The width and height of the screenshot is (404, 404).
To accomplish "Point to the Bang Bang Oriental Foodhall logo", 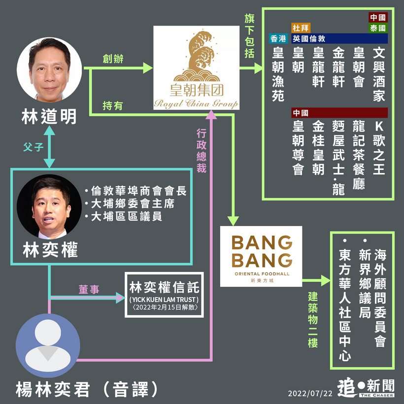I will click(261, 256).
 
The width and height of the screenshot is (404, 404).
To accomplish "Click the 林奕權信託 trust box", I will click(164, 295).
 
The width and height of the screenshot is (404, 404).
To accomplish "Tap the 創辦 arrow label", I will click(113, 59).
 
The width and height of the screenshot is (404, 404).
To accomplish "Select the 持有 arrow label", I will click(113, 105).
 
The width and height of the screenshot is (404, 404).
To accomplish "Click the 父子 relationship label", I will click(34, 146).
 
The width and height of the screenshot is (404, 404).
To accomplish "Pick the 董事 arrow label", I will click(89, 290).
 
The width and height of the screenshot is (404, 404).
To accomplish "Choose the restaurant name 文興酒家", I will click(378, 74).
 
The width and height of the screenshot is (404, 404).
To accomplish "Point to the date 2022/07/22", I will click(310, 393).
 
